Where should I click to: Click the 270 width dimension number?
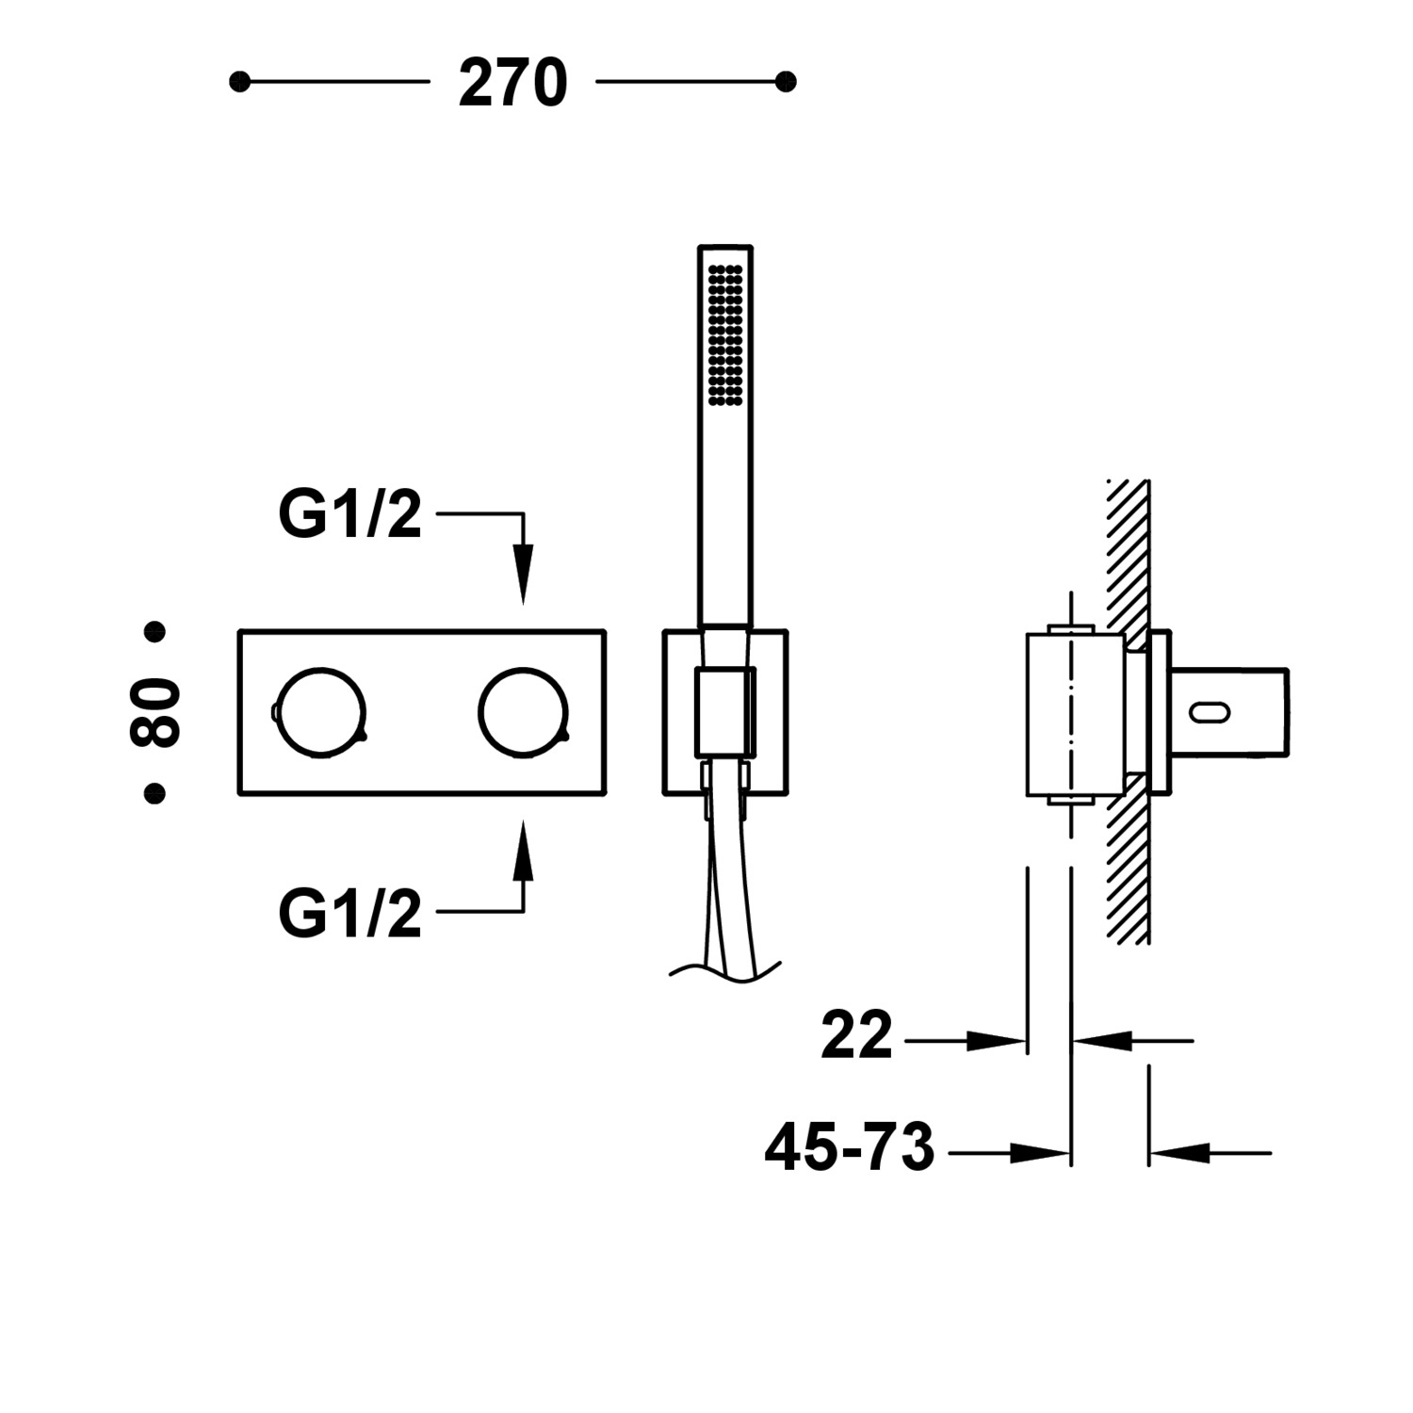click(512, 84)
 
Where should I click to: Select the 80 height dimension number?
click(154, 712)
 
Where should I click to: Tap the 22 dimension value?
click(855, 1036)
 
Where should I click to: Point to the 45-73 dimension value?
click(849, 1148)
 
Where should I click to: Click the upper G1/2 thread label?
click(349, 515)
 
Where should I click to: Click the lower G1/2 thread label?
click(349, 913)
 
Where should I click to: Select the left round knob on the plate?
click(318, 712)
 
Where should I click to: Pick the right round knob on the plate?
click(523, 712)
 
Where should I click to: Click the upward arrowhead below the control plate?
click(523, 852)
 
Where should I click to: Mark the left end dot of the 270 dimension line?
click(240, 82)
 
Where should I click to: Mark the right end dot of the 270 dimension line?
click(786, 82)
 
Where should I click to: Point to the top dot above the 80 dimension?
click(154, 631)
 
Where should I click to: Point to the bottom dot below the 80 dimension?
click(154, 793)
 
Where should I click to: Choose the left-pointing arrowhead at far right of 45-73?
click(1177, 1152)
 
